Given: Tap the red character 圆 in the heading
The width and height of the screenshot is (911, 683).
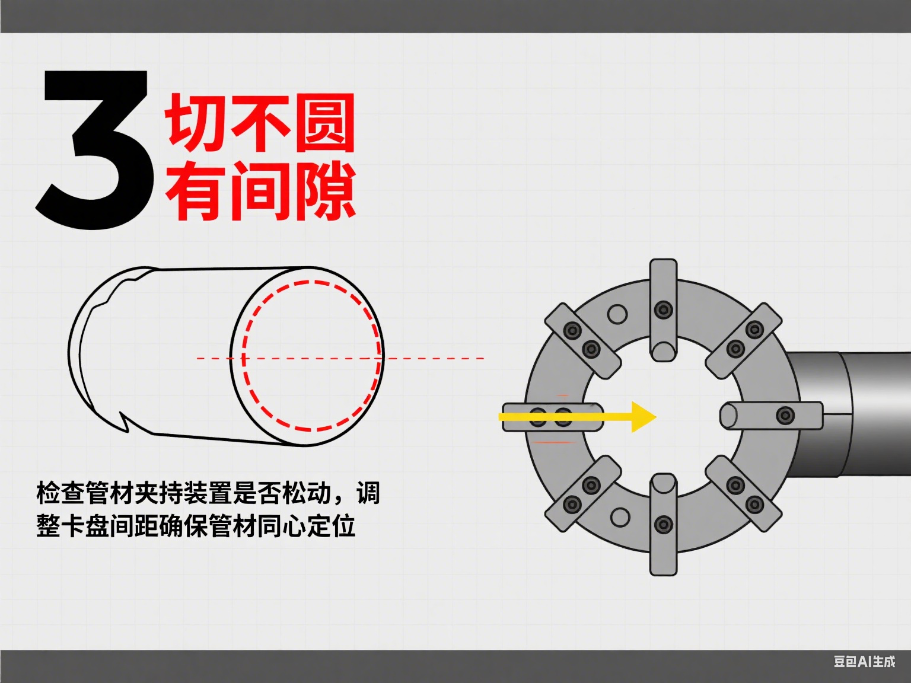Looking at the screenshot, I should (324, 123).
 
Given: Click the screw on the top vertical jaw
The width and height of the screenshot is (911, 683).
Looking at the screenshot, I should (663, 309).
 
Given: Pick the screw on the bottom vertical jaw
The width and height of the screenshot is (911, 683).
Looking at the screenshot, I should (663, 524).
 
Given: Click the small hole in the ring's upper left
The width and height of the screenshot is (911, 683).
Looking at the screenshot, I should (617, 314).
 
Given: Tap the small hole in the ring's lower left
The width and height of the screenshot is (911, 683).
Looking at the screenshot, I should (619, 516).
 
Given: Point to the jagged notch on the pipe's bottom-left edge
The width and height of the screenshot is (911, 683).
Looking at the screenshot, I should (123, 422).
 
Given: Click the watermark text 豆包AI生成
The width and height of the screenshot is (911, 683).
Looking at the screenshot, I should (864, 661).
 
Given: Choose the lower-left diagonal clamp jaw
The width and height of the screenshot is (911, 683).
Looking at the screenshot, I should (582, 495).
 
